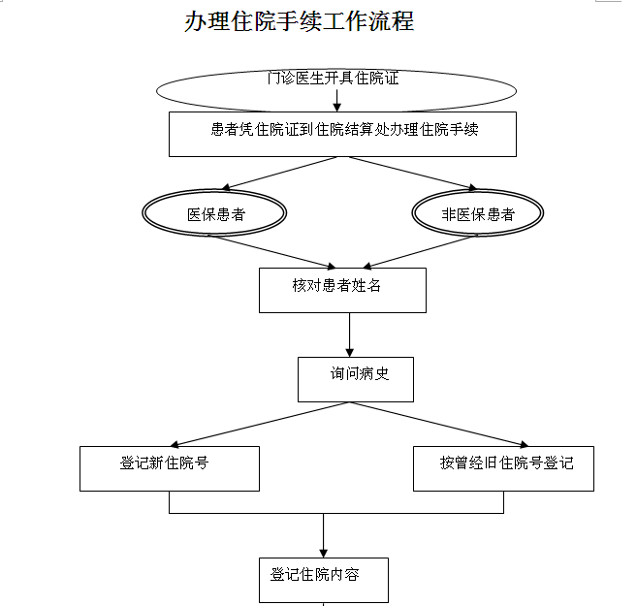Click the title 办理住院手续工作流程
[x=299, y=21]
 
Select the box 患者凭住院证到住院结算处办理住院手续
[x=342, y=134]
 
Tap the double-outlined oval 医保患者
[x=215, y=214]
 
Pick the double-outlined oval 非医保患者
[x=477, y=214]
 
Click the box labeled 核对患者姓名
[x=342, y=290]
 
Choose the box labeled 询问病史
[x=356, y=379]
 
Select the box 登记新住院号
[x=170, y=467]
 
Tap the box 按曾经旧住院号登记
[x=503, y=467]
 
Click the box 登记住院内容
[x=324, y=580]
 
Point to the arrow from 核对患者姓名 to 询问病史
[x=349, y=335]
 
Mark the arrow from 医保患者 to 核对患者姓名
[x=271, y=251]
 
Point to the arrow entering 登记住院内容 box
[x=324, y=535]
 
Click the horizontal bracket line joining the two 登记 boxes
[x=336, y=512]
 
